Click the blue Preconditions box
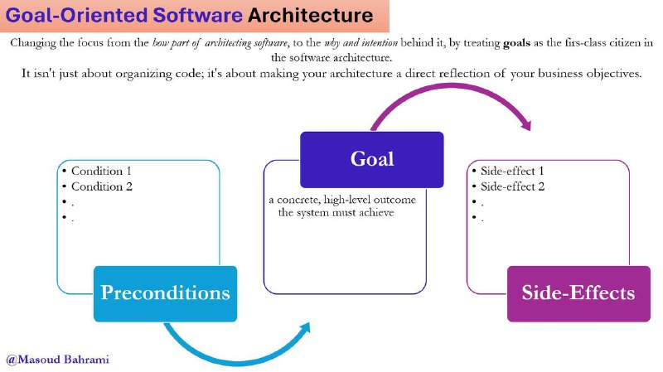tap(165, 294)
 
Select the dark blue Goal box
tap(372, 159)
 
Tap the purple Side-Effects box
tap(578, 294)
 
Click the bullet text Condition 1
tap(101, 171)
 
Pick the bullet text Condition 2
tap(102, 186)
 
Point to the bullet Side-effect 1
tap(512, 171)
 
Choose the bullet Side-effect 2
tap(512, 186)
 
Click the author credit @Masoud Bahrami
tap(58, 360)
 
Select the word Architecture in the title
tap(310, 15)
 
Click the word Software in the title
tap(197, 15)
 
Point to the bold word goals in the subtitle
tap(516, 43)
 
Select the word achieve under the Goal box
tap(376, 212)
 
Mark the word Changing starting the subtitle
tap(33, 43)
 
